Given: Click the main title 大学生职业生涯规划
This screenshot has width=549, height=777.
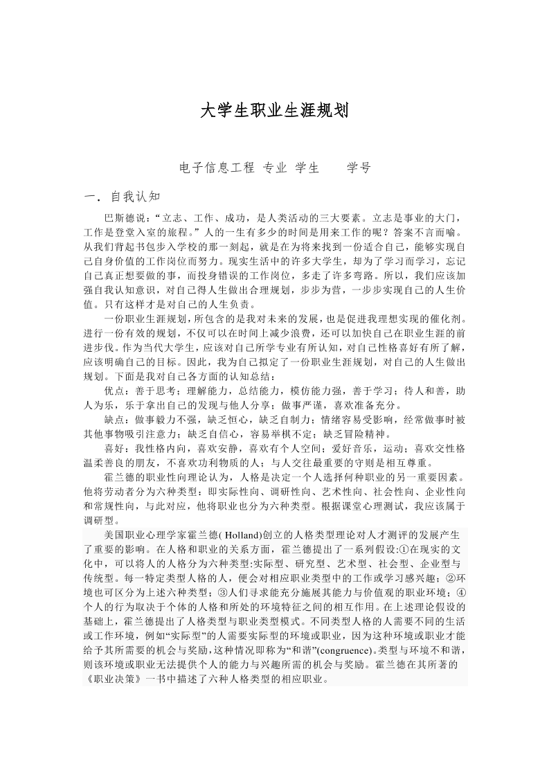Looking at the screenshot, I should [274, 111].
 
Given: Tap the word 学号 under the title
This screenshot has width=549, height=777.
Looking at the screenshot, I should [359, 168].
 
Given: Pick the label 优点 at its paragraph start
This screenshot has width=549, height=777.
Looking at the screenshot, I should [114, 391].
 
